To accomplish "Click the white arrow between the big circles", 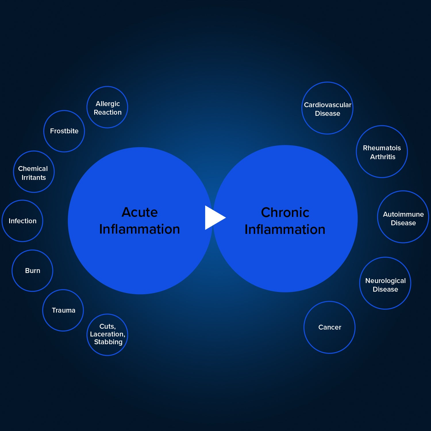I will [214, 218].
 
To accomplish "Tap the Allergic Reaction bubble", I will [107, 107].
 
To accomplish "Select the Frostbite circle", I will [64, 131].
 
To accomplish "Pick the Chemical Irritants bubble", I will [34, 172].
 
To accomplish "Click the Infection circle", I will [22, 221].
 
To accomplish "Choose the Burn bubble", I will [32, 271].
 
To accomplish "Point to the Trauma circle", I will [63, 310].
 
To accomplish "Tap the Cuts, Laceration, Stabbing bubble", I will [107, 335].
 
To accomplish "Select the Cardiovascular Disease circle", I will [327, 108].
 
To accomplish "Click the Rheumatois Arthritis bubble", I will [382, 151].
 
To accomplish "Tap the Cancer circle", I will [329, 327].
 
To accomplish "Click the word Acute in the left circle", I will [140, 212].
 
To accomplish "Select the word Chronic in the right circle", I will [285, 213].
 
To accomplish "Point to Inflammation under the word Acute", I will [140, 229].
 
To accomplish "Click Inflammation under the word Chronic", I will [285, 230].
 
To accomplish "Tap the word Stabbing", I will [108, 342].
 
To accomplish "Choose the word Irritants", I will [34, 178].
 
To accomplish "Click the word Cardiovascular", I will [328, 105].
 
